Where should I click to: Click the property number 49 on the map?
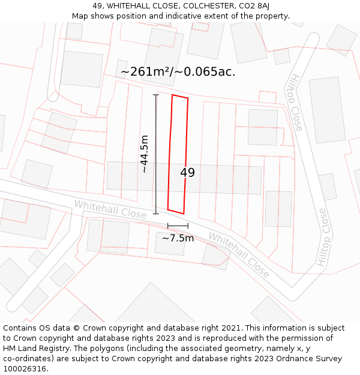tap(187, 173)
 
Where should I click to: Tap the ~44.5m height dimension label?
tap(145, 154)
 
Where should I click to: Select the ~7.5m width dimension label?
tap(178, 238)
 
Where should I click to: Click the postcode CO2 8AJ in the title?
tap(251, 6)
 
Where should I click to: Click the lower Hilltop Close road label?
tap(322, 238)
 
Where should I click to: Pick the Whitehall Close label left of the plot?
tap(110, 209)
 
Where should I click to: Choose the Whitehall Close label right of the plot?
tap(239, 254)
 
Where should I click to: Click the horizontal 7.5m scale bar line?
tap(178, 226)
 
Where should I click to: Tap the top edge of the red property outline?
tap(180, 97)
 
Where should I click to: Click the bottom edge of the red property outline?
tap(176, 212)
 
